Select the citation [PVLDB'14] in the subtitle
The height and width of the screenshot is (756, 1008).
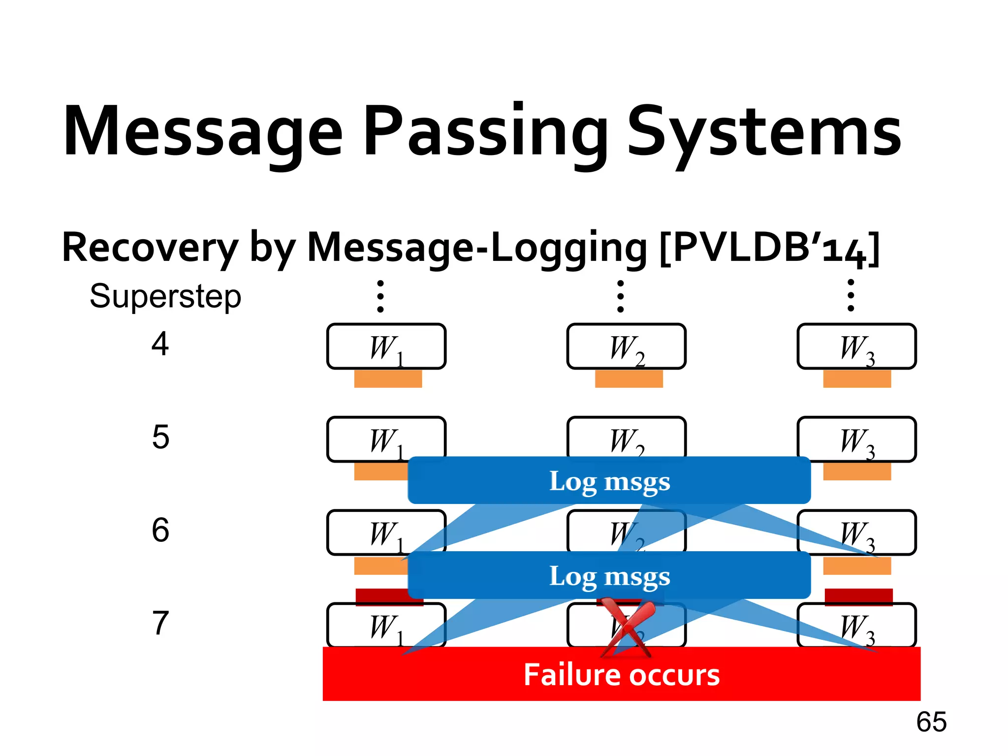[x=769, y=248]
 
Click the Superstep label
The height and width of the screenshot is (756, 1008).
[x=165, y=297]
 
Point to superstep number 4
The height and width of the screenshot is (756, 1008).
[x=160, y=344]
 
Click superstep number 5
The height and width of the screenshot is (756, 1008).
[x=160, y=437]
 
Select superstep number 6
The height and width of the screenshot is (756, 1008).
[x=160, y=530]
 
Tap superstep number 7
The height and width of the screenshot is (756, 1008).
[x=160, y=623]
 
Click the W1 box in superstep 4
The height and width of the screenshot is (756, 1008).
[x=386, y=346]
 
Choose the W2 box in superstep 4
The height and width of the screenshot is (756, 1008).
[x=626, y=346]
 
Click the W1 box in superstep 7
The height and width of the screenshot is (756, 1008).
[x=386, y=625]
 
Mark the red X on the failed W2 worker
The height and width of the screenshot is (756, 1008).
[x=628, y=628]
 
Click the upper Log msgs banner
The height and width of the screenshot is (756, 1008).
[x=609, y=480]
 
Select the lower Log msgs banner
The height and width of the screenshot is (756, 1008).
[x=609, y=575]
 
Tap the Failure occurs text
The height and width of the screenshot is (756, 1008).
[x=621, y=674]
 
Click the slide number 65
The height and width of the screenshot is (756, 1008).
[x=931, y=722]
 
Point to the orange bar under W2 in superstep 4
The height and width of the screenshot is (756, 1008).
[x=629, y=379]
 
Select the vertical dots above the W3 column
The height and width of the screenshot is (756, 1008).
[x=850, y=295]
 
